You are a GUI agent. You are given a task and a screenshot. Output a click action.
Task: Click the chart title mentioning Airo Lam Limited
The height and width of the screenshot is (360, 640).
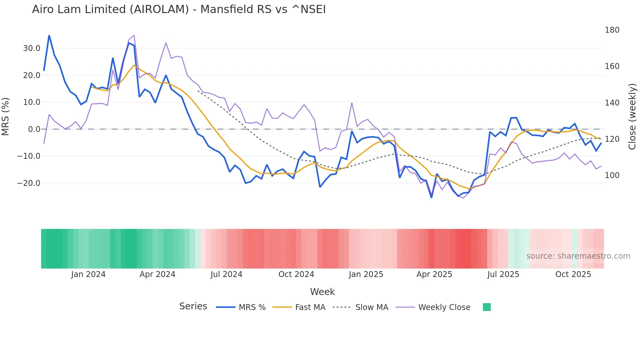click(179, 9)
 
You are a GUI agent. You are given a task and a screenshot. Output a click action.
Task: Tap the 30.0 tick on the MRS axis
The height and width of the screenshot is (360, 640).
click(32, 48)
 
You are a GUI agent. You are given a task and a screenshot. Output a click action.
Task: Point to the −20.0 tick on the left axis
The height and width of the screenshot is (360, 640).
click(29, 183)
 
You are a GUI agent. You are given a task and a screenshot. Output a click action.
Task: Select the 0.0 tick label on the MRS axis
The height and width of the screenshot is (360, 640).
click(34, 129)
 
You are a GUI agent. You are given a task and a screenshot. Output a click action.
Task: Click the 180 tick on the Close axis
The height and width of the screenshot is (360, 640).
click(612, 30)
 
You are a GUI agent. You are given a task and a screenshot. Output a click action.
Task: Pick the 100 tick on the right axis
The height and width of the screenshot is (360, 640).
click(612, 175)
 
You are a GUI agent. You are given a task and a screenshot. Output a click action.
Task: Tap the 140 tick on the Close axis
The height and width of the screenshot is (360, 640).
click(612, 103)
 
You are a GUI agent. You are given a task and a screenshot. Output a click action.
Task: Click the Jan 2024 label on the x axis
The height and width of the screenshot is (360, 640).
click(88, 274)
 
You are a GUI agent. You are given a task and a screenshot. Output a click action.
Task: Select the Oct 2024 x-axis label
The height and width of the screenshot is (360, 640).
click(296, 274)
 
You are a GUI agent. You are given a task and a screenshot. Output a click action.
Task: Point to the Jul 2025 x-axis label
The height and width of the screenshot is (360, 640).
click(503, 274)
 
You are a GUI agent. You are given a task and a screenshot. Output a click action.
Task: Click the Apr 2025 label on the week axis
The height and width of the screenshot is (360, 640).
click(434, 274)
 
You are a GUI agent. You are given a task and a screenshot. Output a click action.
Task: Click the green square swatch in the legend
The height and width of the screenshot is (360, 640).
click(487, 307)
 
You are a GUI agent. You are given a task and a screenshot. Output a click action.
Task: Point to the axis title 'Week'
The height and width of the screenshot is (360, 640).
click(322, 292)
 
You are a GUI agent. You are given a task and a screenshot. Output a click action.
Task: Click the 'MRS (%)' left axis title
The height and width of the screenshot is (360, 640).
click(6, 116)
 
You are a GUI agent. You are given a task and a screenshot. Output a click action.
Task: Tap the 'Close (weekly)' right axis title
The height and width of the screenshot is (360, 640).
click(632, 116)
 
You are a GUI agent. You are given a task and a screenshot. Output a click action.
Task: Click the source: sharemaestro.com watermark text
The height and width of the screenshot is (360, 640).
click(578, 256)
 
